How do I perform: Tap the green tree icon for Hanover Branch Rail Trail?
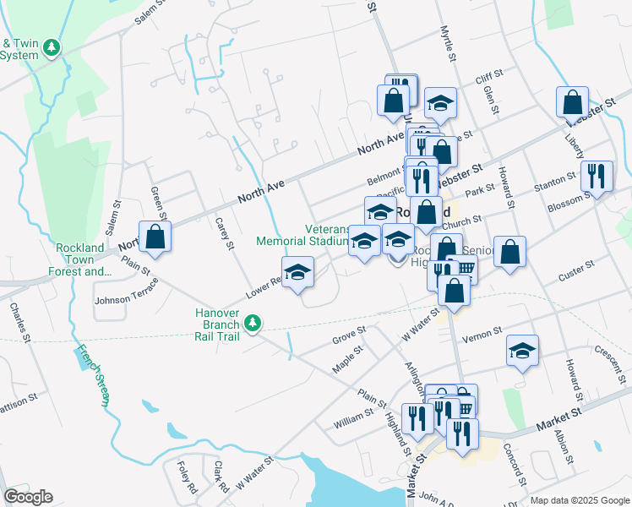point(252,323)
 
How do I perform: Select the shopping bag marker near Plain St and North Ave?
point(155,237)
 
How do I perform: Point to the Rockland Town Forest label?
point(84,259)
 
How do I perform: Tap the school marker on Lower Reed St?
point(297,272)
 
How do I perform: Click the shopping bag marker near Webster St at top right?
point(572,101)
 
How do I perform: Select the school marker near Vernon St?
point(523,350)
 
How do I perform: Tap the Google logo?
point(28,497)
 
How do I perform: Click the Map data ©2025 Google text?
point(579,500)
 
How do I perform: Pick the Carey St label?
point(224,234)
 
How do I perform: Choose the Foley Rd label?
point(187,477)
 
